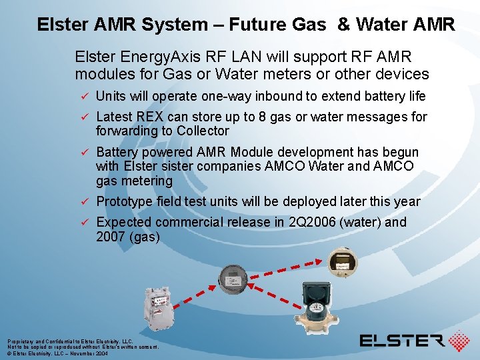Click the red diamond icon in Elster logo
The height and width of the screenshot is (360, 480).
coord(459,341)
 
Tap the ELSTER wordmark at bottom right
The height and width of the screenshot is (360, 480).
coord(402,341)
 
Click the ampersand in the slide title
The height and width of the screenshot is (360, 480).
coord(343,25)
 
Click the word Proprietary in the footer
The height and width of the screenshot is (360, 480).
coord(21,341)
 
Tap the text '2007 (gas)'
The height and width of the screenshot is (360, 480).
coord(128,236)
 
